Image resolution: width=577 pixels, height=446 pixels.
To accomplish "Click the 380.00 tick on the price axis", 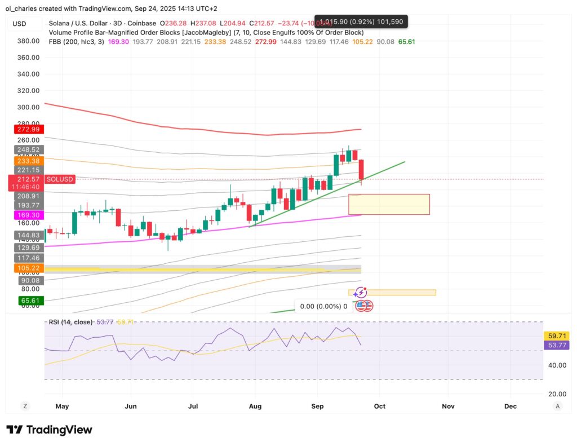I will tap(28, 41).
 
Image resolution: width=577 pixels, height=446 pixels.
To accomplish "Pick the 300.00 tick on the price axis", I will tap(28, 107).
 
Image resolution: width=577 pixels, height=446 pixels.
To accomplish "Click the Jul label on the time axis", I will tap(193, 406).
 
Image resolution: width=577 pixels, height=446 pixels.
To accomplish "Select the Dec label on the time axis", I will tap(511, 406).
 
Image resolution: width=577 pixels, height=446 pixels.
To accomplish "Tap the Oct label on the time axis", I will tap(379, 406).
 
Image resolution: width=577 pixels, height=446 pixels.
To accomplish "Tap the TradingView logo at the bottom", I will tap(49, 430).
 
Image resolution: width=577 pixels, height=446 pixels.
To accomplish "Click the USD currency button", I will tap(20, 24).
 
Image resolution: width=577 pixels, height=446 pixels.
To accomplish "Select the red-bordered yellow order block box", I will tap(389, 204).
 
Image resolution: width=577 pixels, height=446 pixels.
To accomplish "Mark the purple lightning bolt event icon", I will tap(361, 293).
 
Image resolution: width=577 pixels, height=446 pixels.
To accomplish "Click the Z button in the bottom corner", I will tap(25, 406).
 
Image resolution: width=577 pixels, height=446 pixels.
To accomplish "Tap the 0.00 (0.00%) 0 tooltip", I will tap(323, 306).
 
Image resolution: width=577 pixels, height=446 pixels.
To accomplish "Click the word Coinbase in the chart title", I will tap(141, 24).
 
